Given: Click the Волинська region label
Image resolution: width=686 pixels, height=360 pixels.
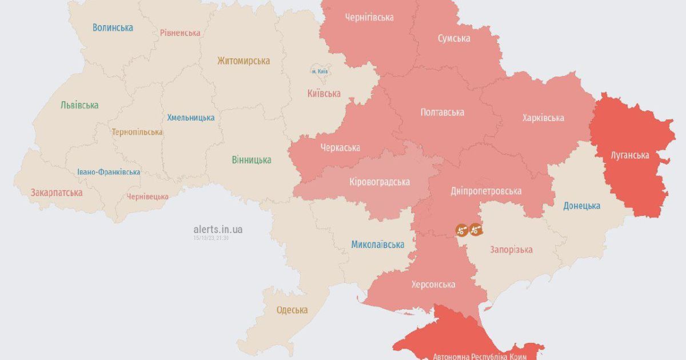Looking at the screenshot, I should click(x=113, y=27).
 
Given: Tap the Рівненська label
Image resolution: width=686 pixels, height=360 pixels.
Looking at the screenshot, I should click(x=180, y=33).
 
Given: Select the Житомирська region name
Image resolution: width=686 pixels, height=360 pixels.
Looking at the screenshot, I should click(x=244, y=61).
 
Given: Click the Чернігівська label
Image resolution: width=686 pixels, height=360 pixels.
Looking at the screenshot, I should click(x=369, y=17).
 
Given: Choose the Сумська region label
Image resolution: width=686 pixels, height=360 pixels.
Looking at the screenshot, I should click(x=454, y=38).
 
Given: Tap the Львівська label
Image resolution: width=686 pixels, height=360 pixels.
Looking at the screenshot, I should click(x=79, y=105).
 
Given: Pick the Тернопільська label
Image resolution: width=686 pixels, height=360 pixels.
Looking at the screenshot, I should click(x=137, y=132).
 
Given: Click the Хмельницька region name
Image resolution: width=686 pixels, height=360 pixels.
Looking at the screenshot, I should click(x=191, y=118).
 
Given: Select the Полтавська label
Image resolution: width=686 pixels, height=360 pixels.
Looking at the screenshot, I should click(x=442, y=112).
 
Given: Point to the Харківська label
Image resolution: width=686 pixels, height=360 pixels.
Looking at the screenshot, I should click(x=543, y=118).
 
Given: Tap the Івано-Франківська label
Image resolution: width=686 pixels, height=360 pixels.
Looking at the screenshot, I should click(x=109, y=172).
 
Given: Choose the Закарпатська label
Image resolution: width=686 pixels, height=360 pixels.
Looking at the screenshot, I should click(x=57, y=193).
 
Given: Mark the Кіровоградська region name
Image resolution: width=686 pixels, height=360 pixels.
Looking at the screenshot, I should click(x=379, y=182).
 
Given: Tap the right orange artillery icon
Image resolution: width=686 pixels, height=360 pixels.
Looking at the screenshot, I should click(x=476, y=229).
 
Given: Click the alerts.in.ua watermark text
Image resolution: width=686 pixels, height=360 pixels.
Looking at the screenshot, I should click(x=218, y=229).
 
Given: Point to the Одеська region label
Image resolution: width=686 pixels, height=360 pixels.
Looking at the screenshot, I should click(x=292, y=310).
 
